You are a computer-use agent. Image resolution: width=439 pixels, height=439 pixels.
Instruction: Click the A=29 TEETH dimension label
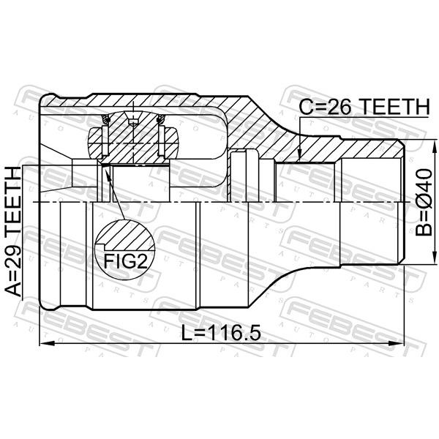point(13,231)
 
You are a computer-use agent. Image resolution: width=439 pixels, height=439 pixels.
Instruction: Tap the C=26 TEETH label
point(364,107)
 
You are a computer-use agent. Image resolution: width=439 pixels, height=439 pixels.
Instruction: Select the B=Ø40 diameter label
point(424,202)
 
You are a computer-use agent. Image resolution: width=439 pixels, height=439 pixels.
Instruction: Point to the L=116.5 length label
point(221,333)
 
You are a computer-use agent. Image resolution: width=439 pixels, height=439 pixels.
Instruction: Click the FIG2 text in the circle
point(126,261)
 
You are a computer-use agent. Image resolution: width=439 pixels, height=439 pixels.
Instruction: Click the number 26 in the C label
point(339,107)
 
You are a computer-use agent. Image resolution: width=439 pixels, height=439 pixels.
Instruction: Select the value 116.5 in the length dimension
point(234,333)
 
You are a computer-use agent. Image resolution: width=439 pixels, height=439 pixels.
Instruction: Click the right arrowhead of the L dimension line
point(397,344)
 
